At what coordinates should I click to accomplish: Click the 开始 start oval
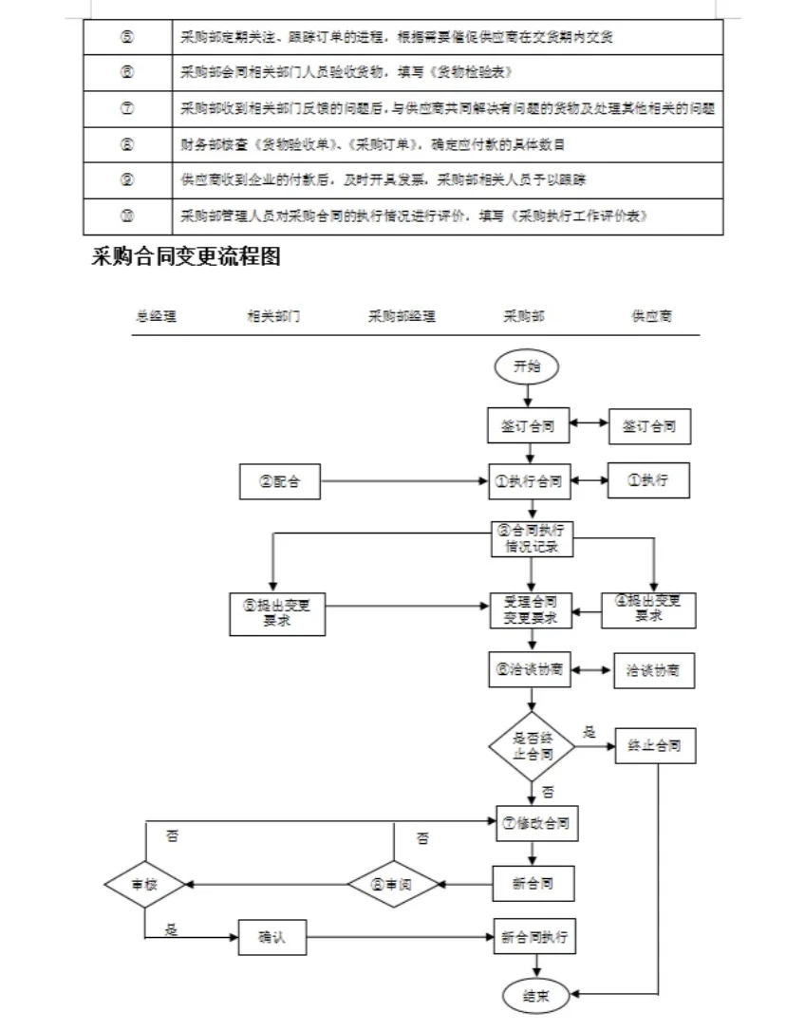tap(528, 366)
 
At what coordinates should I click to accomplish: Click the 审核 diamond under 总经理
tap(144, 884)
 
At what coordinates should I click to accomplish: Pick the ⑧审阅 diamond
tap(393, 884)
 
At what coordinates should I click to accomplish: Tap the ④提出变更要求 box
tap(648, 609)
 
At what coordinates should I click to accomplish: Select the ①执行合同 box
tap(529, 482)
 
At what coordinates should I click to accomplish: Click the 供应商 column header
tap(652, 317)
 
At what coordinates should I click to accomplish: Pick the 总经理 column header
tap(156, 317)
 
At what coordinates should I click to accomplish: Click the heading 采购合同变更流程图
tap(185, 257)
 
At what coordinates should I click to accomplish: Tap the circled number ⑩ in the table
tap(127, 216)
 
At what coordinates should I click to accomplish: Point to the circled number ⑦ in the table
tap(127, 108)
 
